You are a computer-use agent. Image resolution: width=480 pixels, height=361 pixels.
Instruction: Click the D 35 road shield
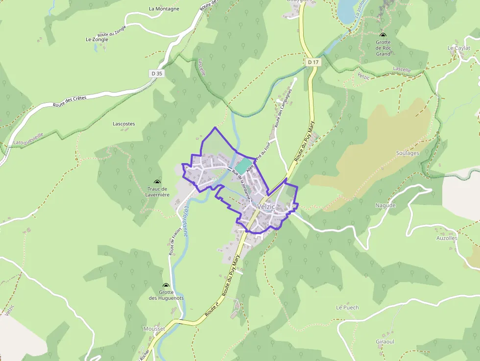point(157,73)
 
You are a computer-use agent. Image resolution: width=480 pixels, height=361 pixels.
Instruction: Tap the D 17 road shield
point(313,62)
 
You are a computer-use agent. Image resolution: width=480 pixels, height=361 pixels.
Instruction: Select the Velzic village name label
point(266,207)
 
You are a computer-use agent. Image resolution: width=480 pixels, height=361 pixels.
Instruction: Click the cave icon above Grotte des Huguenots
point(166,285)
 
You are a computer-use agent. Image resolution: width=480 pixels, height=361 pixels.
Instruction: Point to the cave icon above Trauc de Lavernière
point(158,182)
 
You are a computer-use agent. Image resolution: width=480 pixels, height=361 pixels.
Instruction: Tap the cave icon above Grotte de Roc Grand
point(383,35)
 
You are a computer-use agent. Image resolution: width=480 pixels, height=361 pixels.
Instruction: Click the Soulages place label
point(408,153)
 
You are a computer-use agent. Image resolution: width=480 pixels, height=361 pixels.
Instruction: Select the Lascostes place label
point(123,124)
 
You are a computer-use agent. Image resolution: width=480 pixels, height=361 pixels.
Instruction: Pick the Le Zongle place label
point(96,40)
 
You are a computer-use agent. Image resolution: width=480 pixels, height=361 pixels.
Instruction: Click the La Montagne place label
point(164,9)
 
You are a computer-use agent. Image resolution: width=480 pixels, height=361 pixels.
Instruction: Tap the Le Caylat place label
point(458,48)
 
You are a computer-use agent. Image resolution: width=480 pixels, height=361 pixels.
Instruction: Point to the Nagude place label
point(385,205)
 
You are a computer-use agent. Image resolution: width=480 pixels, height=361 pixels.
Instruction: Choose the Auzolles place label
point(447,238)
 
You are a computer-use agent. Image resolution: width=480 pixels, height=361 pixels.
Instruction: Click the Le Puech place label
point(347,308)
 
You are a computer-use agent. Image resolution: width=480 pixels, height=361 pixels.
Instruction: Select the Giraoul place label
point(384,341)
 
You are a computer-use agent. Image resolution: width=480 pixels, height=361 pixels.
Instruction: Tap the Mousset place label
point(154,329)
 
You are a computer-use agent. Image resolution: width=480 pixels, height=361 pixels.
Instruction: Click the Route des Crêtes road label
point(70,100)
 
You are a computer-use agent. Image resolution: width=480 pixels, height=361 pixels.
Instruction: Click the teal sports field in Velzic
point(243,165)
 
